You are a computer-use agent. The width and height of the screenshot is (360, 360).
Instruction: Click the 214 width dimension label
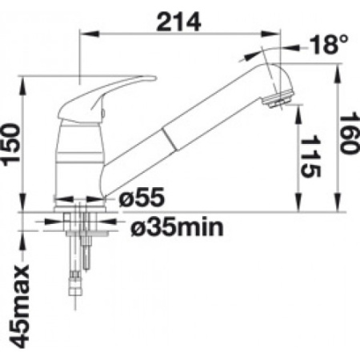(x=178, y=22)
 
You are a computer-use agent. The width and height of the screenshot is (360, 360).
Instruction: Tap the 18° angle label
(x=329, y=44)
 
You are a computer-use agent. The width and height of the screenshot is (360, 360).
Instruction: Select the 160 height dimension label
(x=349, y=133)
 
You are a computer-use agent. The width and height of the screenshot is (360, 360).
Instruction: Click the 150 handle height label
(x=11, y=144)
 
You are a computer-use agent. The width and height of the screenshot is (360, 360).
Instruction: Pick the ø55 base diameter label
(x=142, y=198)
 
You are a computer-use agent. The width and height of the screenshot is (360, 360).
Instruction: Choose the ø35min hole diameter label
(x=177, y=227)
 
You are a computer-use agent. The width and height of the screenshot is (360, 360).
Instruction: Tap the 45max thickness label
(x=19, y=306)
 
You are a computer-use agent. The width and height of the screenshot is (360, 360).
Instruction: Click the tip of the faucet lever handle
(x=155, y=78)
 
